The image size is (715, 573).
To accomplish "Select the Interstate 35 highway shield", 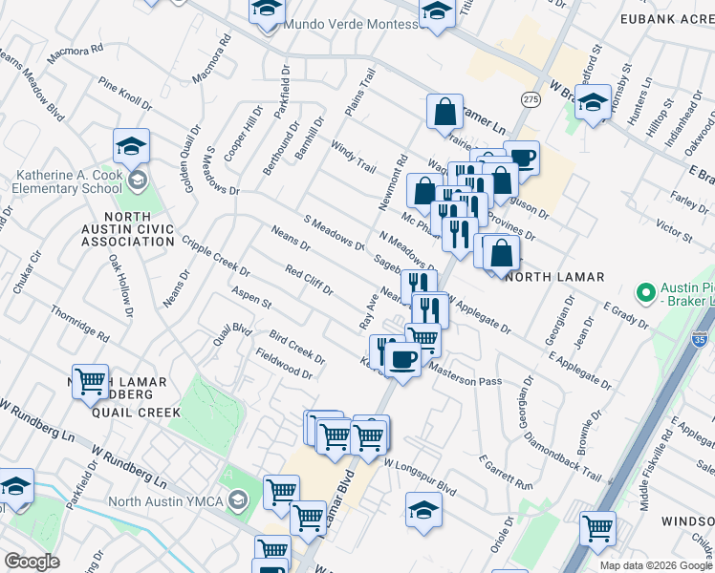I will point(701,339).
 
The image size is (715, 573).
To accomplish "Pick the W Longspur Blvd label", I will point(421,475).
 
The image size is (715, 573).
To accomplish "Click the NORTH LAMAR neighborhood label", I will point(554,277).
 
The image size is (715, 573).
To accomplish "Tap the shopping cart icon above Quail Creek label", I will point(90,381).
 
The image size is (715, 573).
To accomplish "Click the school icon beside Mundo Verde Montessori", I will point(267,10).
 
